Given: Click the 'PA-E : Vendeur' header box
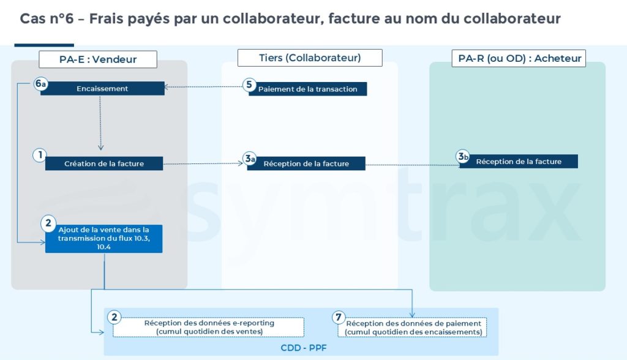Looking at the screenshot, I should click(98, 59).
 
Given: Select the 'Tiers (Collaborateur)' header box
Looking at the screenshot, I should click(310, 58).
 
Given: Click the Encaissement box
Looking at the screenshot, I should click(102, 89).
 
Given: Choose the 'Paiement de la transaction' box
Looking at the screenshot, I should click(308, 89).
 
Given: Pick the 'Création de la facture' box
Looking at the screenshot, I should click(104, 163).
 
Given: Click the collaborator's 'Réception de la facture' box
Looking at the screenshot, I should click(306, 163).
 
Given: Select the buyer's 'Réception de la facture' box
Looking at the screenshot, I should click(519, 162).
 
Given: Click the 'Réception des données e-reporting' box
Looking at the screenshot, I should click(209, 327).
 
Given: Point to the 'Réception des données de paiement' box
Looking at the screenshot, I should click(413, 327).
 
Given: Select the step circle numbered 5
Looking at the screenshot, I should click(249, 85).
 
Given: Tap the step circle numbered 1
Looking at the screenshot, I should click(40, 156).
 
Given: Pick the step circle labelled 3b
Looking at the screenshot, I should click(464, 157).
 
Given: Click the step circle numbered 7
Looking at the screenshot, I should click(339, 317).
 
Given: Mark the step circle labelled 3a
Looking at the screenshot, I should click(249, 159).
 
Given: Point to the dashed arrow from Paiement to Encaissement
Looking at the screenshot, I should click(205, 88).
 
